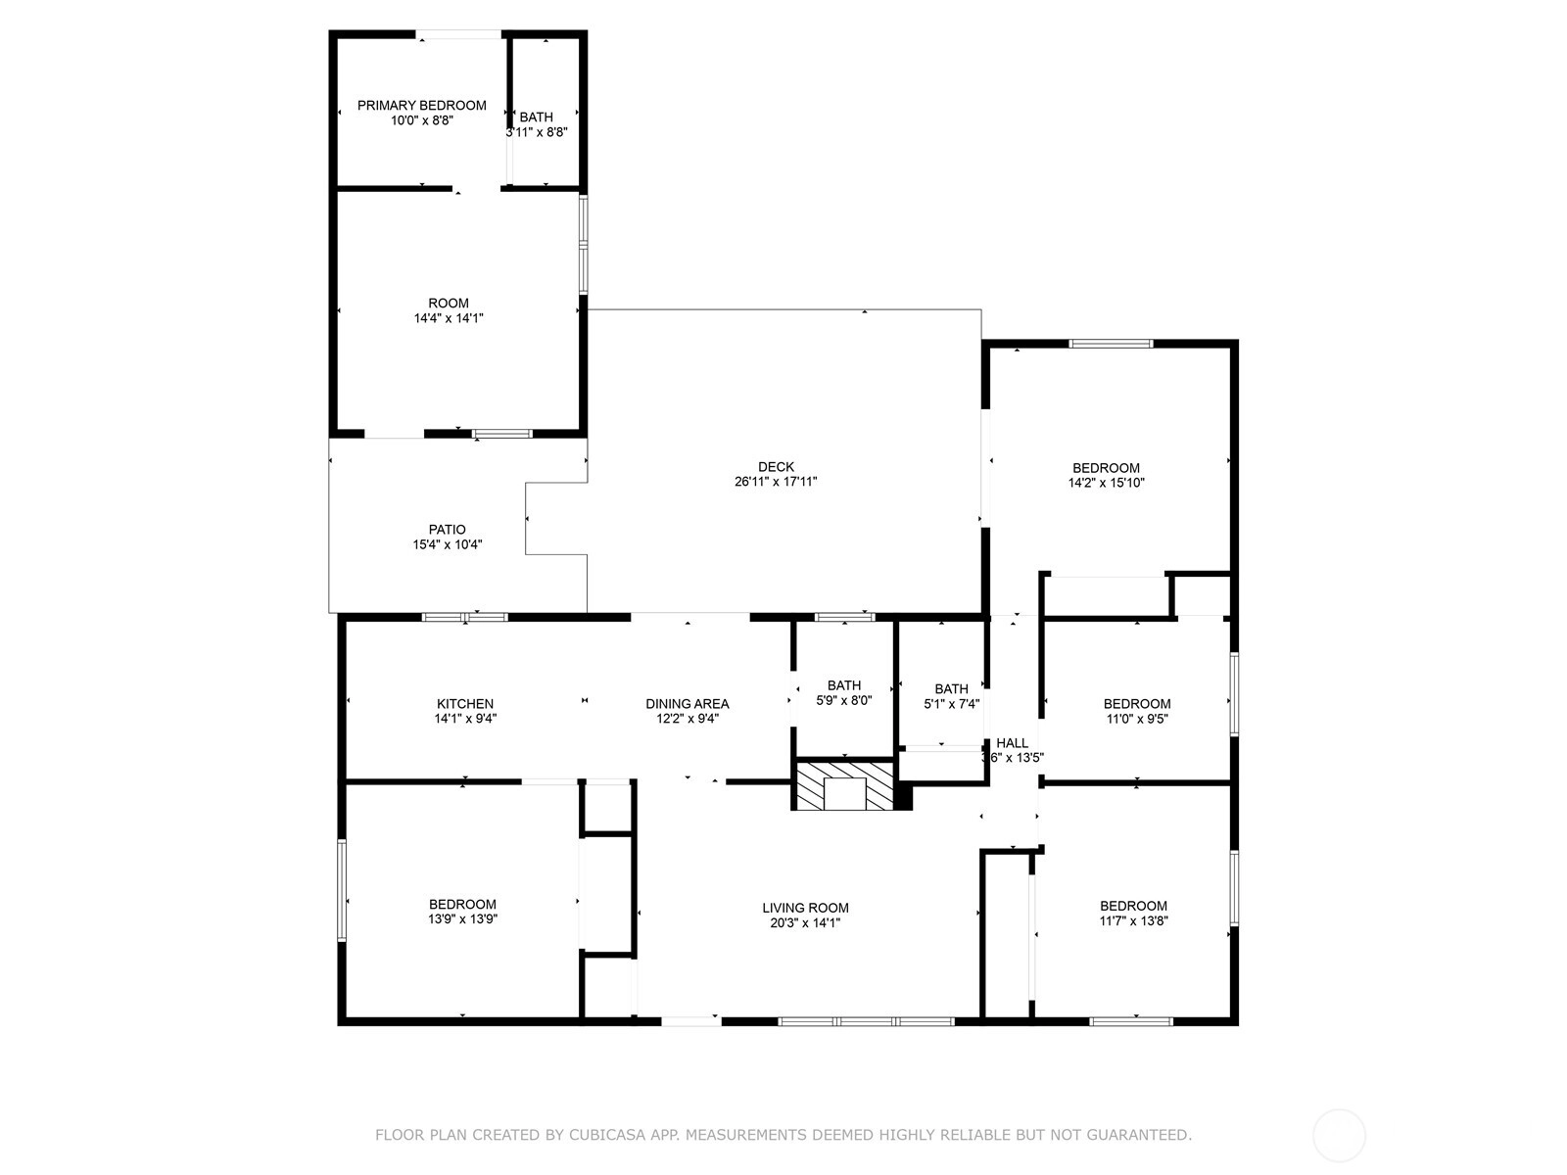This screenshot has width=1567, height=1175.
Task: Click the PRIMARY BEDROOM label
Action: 421,106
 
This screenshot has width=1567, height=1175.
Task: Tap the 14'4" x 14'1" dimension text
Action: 449,318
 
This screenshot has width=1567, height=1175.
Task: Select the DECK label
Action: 776,467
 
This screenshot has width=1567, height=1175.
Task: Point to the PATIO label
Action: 447,530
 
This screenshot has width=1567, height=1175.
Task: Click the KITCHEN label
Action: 465,703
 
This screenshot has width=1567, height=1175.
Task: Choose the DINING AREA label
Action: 688,703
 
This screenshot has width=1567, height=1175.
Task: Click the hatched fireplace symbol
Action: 844,786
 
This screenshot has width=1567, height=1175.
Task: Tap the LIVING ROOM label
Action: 805,908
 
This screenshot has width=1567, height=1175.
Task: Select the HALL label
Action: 1013,742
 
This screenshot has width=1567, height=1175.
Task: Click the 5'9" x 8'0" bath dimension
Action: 844,700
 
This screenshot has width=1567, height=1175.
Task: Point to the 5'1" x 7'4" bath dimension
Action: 952,703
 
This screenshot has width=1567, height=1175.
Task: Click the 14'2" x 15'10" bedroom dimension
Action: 1106,483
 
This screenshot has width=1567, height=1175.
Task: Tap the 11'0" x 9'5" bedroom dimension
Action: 1137,719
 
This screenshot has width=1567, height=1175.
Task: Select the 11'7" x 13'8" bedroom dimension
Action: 1134,920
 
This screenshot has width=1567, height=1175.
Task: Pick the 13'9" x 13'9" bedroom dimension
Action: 462,918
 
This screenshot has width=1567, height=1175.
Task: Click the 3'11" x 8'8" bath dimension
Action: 537,132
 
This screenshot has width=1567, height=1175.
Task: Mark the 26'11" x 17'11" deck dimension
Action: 776,482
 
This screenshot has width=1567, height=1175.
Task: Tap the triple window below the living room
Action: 866,1021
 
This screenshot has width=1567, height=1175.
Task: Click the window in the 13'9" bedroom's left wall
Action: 342,890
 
